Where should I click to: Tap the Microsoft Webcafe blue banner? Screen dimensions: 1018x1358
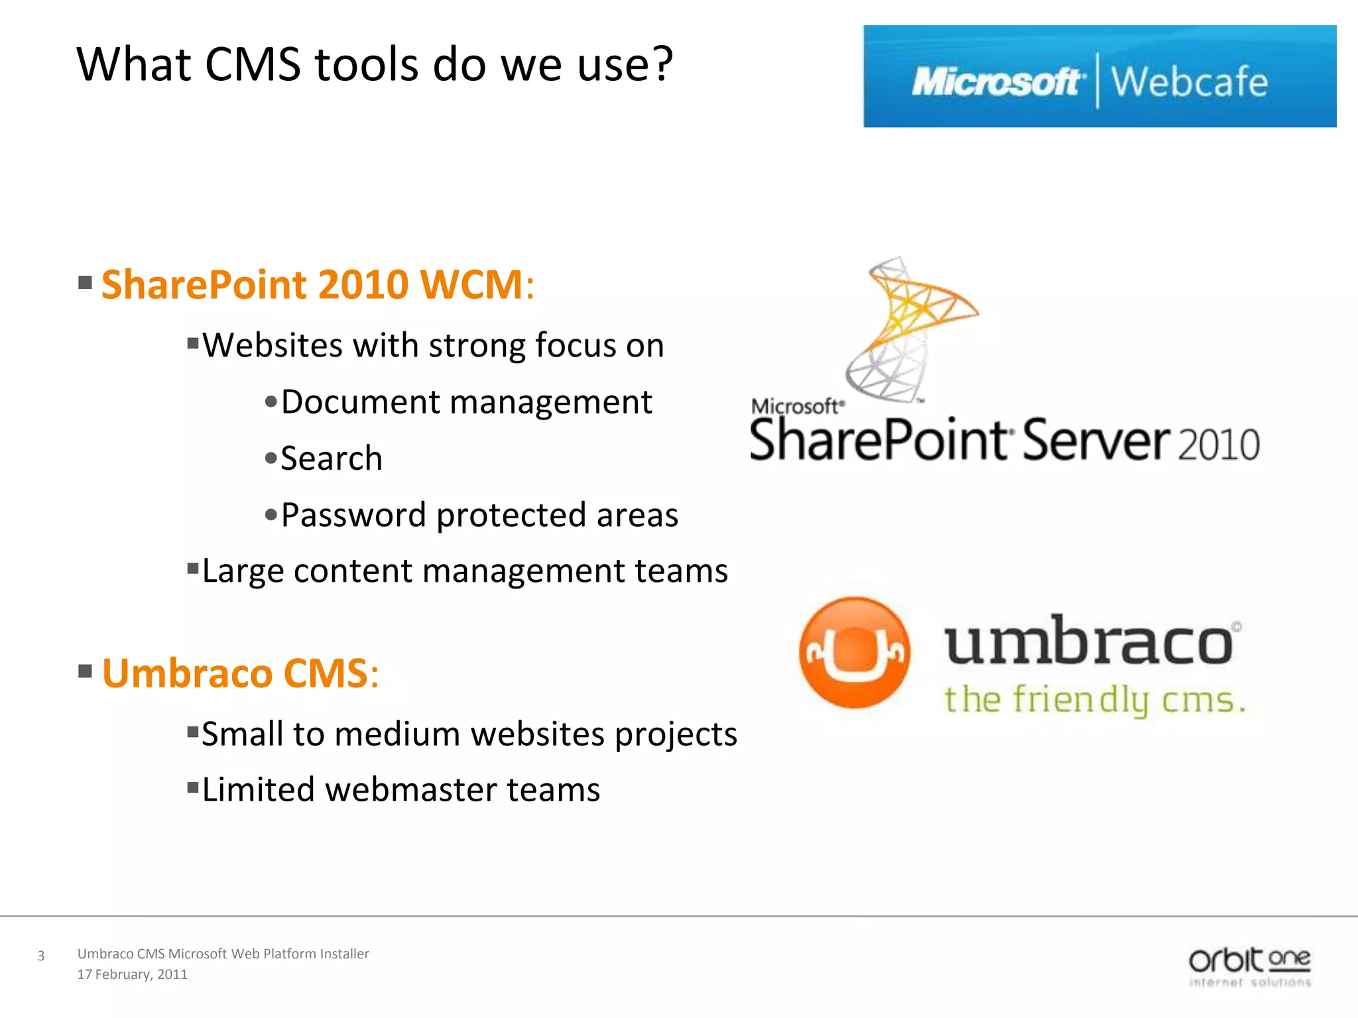(1099, 76)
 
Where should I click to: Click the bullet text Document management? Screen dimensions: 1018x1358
(466, 402)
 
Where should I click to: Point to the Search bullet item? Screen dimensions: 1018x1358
(331, 459)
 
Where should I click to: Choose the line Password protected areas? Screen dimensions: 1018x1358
(479, 515)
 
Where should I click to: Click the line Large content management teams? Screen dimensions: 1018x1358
(464, 571)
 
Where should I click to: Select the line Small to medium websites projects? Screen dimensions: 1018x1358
(469, 734)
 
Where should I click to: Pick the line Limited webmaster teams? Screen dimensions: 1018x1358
(401, 789)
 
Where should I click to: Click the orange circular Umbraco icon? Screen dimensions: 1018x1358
(854, 653)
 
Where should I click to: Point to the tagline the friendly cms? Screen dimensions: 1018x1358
(1094, 700)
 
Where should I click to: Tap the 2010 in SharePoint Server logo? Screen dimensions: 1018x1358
(1219, 445)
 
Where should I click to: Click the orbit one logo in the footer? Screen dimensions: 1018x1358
(1249, 966)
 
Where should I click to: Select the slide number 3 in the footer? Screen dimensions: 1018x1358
(41, 956)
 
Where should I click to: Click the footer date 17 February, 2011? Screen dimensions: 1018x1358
(133, 974)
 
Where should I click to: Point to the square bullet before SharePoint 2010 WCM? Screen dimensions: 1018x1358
(85, 283)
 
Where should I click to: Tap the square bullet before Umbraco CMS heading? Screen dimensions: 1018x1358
(85, 671)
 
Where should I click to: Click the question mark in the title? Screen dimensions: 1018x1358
(659, 64)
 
